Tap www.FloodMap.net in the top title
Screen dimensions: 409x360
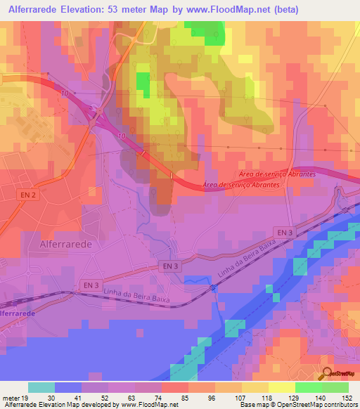[x=236, y=10]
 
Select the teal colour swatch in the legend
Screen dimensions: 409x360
[x=41, y=387]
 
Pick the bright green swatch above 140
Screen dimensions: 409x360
[x=308, y=387]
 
